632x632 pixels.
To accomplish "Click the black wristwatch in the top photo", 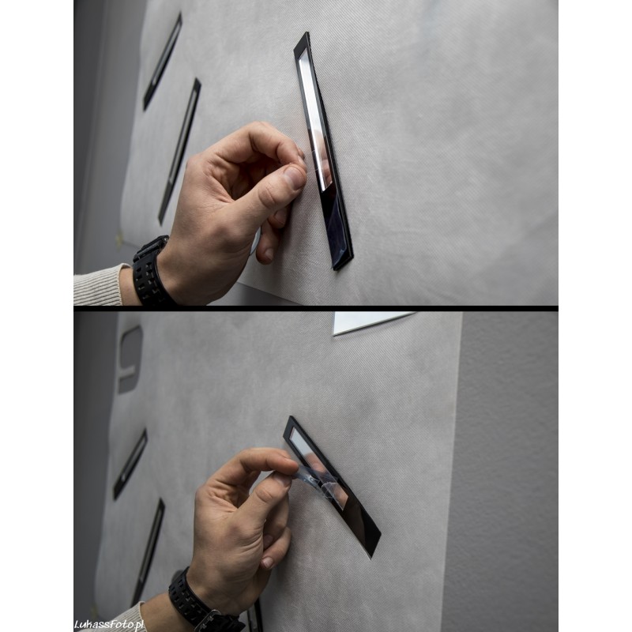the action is coord(150,271).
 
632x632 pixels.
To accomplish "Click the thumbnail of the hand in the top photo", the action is coord(294,178).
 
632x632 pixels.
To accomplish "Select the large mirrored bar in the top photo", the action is coord(323,151).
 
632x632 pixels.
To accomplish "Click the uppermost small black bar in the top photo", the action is coord(163,61).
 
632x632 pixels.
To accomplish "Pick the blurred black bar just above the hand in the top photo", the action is coord(179,151).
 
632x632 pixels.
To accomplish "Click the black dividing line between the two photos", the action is coord(316,308).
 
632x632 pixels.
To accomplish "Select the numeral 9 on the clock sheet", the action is coord(130,359).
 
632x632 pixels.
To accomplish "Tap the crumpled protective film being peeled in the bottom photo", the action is coord(318,482).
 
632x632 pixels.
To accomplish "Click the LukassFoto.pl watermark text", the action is coord(109,624).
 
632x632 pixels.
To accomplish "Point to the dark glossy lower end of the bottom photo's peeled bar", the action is coord(362,524).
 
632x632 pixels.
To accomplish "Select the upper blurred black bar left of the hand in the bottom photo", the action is coord(130,464).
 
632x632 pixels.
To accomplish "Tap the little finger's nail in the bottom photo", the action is coord(268,562).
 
